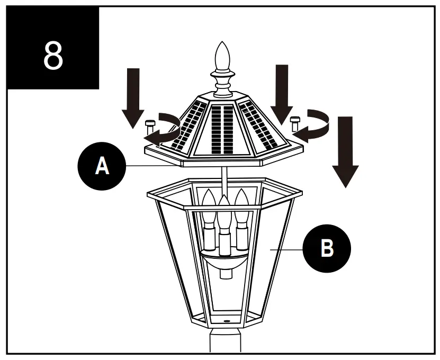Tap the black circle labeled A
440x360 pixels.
click(x=101, y=166)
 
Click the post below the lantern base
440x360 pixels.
click(x=225, y=341)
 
